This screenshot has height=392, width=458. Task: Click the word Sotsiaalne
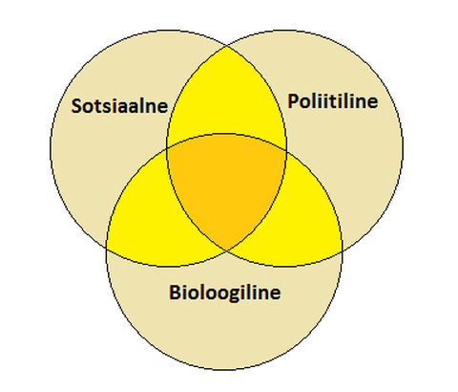pyautogui.click(x=119, y=106)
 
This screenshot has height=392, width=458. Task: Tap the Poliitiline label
pyautogui.click(x=333, y=101)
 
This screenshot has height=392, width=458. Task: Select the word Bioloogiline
pyautogui.click(x=225, y=293)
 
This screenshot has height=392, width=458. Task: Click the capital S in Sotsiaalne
pyautogui.click(x=76, y=106)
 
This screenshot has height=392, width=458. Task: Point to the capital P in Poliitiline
pyautogui.click(x=293, y=101)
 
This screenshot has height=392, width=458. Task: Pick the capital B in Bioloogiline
pyautogui.click(x=175, y=292)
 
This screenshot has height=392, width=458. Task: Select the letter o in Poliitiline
pyautogui.click(x=307, y=103)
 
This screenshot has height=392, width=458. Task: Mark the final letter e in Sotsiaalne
pyautogui.click(x=162, y=108)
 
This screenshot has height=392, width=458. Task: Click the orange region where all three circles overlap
pyautogui.click(x=226, y=185)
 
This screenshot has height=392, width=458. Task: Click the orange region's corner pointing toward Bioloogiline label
pyautogui.click(x=226, y=250)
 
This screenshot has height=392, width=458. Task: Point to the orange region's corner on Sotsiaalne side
pyautogui.click(x=168, y=148)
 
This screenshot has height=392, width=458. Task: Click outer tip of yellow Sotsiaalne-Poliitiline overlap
pyautogui.click(x=227, y=46)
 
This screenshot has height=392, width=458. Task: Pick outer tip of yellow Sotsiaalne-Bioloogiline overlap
pyautogui.click(x=107, y=248)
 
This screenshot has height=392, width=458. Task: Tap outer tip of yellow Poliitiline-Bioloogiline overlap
pyautogui.click(x=342, y=251)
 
